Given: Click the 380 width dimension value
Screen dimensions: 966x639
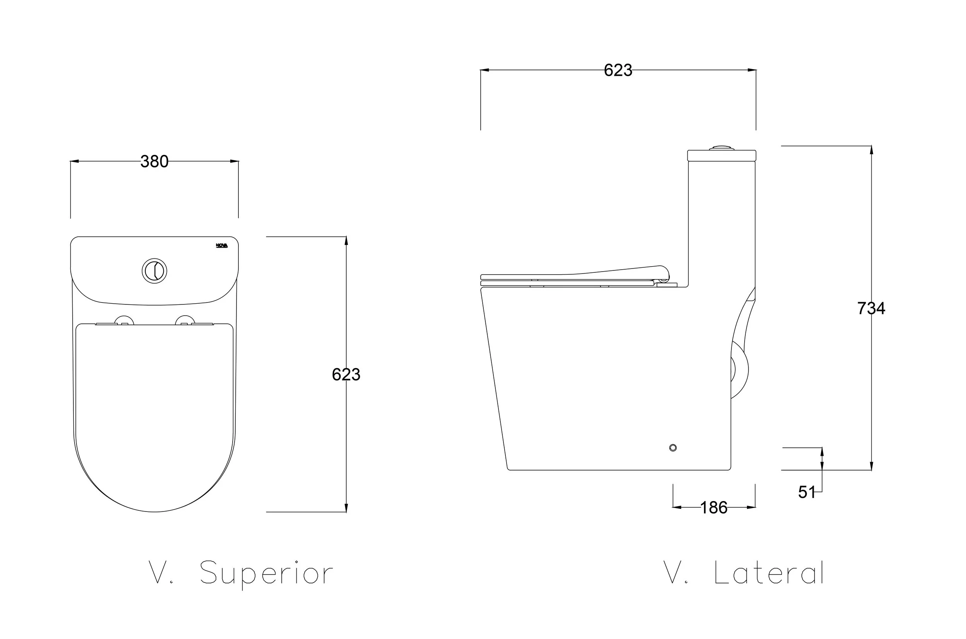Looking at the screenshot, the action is click(x=155, y=162).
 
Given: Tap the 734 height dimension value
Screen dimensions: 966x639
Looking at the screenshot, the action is click(x=871, y=309).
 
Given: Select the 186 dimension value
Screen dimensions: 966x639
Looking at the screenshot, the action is click(x=714, y=508).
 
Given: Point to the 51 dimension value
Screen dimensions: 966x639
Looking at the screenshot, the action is click(x=807, y=492).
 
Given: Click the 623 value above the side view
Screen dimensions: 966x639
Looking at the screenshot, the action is click(x=618, y=70).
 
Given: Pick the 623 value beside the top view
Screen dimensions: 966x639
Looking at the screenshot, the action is click(x=346, y=374).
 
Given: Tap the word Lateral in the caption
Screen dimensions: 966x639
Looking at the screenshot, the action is click(x=769, y=573).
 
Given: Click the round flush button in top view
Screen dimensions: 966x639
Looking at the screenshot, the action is click(x=155, y=271).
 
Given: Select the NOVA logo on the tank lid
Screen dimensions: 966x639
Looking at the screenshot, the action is click(x=222, y=245).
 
